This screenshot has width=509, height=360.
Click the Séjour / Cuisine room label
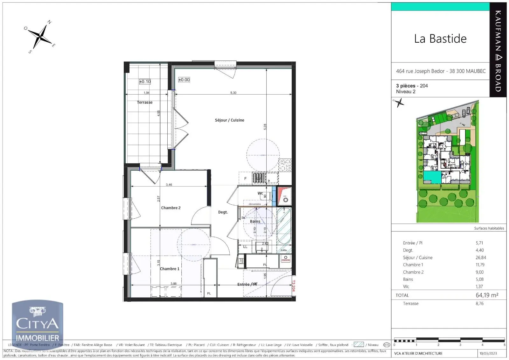point(229,120)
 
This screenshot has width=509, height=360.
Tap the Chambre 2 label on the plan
point(171,208)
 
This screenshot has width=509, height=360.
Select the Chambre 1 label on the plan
point(170,269)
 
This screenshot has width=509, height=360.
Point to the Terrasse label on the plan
point(145,102)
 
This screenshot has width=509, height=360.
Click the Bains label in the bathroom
point(255,221)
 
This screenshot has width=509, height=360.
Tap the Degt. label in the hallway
point(223,212)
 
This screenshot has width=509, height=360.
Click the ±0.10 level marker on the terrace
point(145,81)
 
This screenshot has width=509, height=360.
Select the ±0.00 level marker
point(184,80)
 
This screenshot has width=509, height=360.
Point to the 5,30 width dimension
point(233,93)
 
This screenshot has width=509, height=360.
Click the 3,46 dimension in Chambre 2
point(169,185)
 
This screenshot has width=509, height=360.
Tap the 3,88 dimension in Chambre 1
point(173,284)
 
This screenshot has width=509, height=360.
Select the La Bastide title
point(440,39)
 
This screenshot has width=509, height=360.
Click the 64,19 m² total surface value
point(487,295)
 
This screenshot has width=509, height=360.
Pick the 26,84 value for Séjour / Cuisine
point(481,258)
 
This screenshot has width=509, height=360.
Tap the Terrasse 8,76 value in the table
point(479,304)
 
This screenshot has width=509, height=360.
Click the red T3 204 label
point(294,286)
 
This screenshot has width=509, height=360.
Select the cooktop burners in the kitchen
point(285,165)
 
